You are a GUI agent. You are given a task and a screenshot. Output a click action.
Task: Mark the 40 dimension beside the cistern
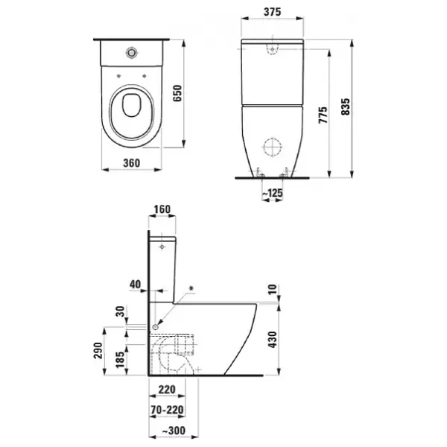pos(134,283)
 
